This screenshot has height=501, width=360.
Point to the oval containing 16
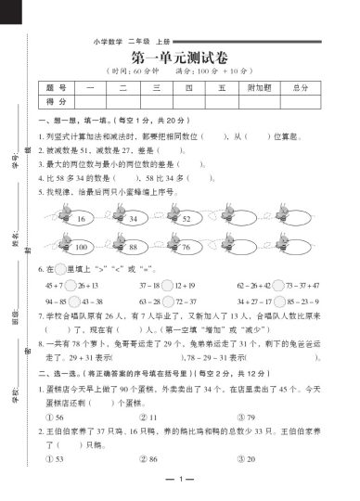coord(81,219)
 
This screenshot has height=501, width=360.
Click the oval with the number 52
coord(186,219)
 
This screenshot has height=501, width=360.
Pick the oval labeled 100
coord(81,248)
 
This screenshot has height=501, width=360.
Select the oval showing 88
coord(134,248)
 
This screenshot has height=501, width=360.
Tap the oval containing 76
coord(186,248)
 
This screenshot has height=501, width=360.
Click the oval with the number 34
coord(134,219)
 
